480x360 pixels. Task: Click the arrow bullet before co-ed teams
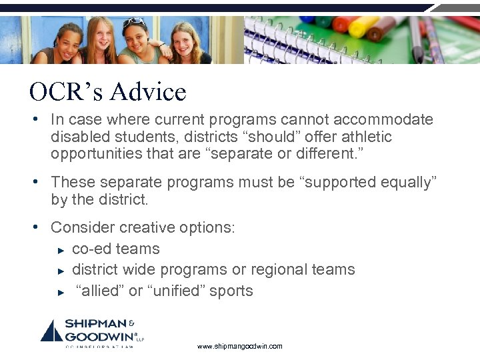[x=60, y=250]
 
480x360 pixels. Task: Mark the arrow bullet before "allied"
[x=60, y=292]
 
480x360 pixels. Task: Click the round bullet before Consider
[x=41, y=227]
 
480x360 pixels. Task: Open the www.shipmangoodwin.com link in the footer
[x=240, y=347]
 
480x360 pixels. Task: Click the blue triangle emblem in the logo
[x=51, y=331]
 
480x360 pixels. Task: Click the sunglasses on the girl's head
[x=135, y=22]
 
